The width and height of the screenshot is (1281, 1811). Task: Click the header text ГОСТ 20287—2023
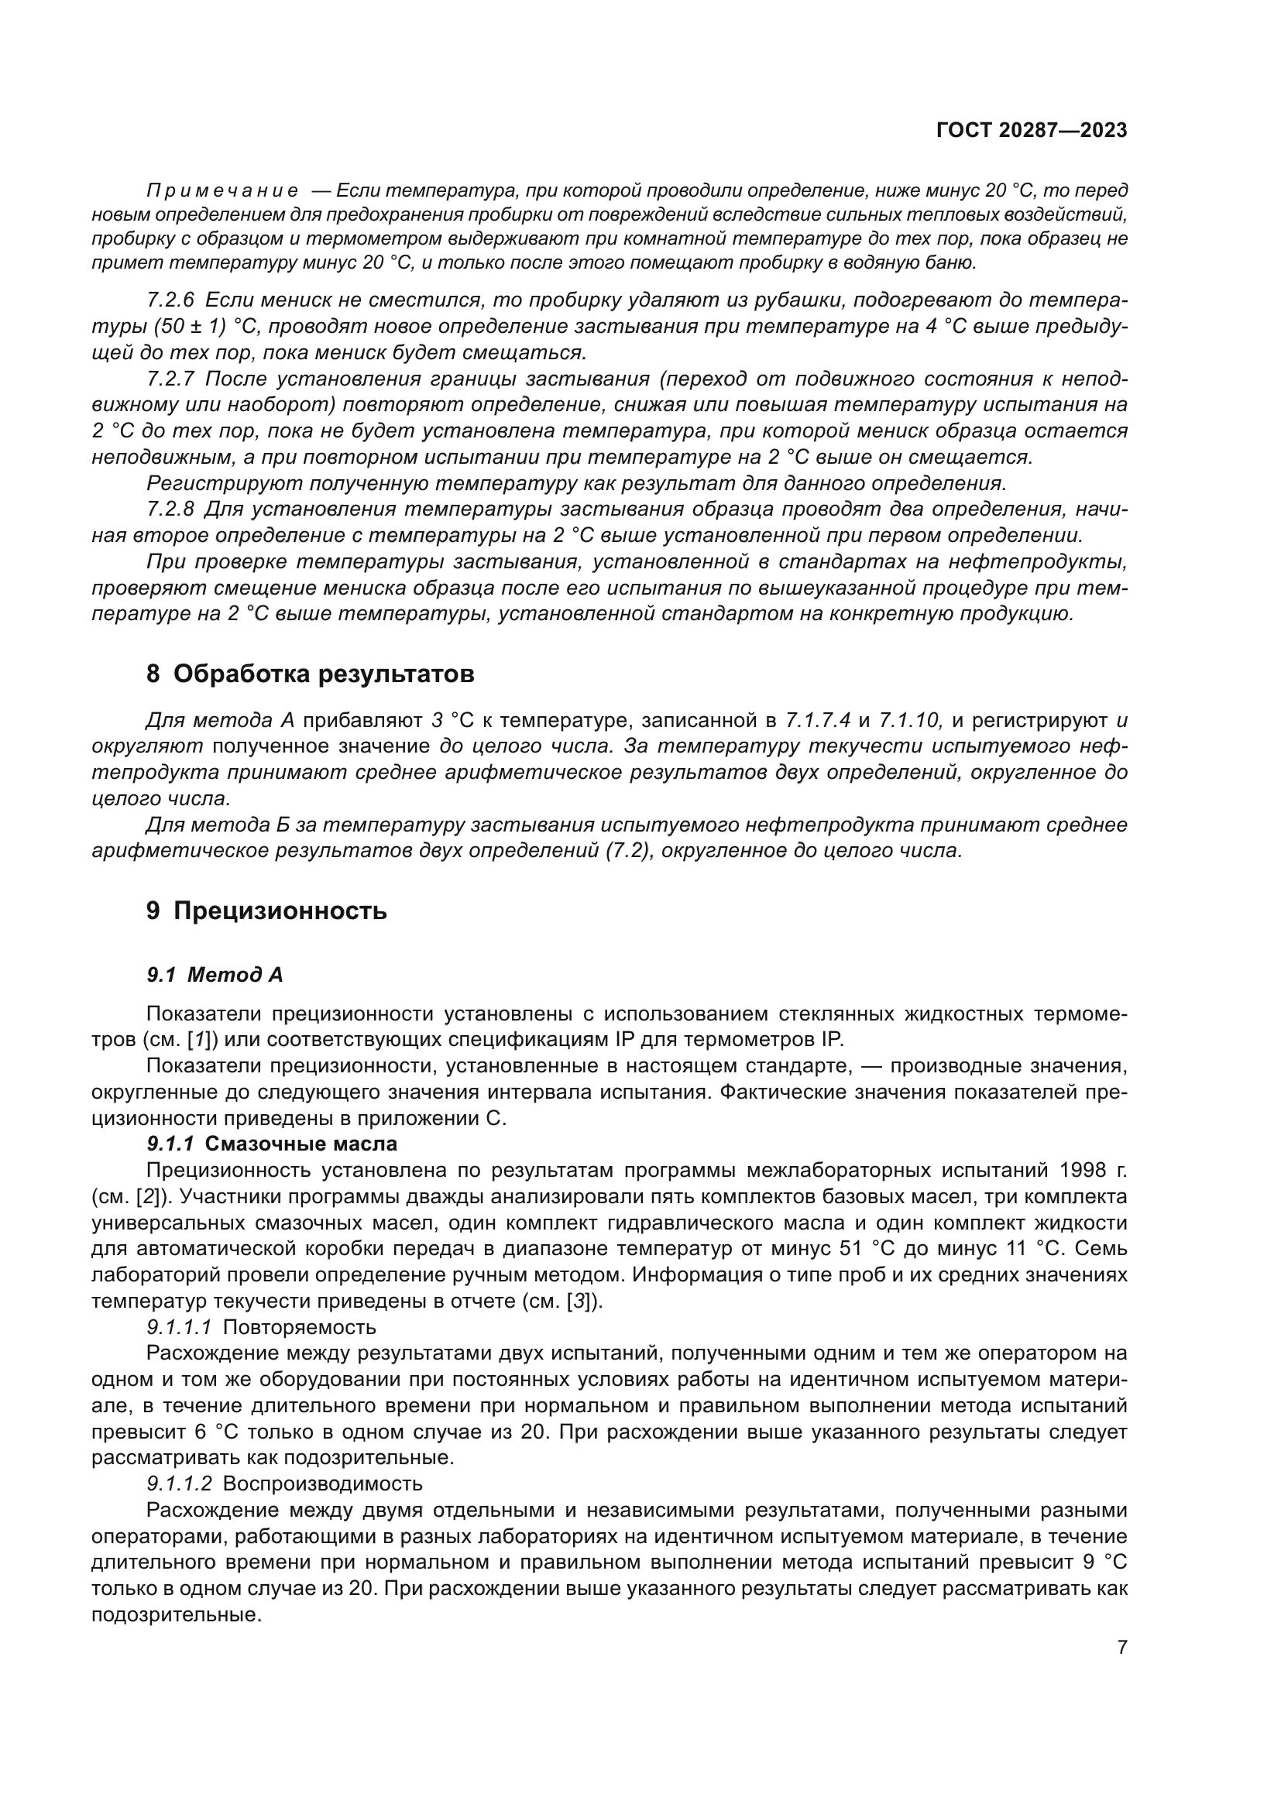tap(1032, 131)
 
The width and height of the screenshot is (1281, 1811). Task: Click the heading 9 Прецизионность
tap(266, 911)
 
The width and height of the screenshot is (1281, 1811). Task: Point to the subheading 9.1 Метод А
tap(215, 976)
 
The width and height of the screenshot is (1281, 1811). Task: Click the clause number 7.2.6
tap(170, 300)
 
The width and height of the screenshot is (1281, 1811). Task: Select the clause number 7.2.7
tap(170, 379)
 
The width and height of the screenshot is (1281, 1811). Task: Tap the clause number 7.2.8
tap(170, 509)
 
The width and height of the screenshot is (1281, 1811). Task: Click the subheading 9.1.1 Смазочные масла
tap(272, 1144)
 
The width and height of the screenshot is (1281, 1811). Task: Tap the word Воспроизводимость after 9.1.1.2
tap(323, 1483)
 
